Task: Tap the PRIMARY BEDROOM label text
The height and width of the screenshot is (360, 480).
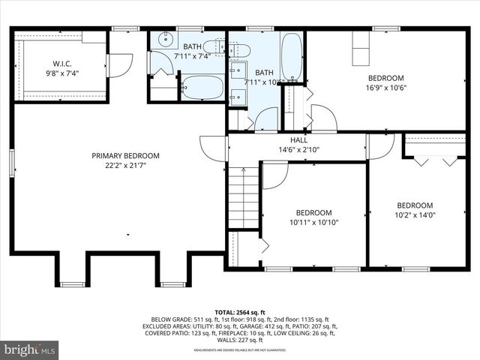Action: click(125, 156)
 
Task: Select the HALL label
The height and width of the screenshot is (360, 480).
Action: click(299, 139)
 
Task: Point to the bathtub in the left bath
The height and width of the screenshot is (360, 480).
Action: click(202, 88)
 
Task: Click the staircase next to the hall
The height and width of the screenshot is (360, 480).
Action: click(243, 197)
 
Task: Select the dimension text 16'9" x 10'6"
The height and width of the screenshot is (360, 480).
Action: click(385, 88)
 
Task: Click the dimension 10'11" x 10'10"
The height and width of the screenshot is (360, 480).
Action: click(314, 223)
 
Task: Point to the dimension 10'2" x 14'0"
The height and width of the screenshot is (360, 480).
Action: click(414, 216)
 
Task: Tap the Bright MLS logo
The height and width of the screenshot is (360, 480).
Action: click(30, 349)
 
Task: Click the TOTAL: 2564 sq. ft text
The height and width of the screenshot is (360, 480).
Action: click(240, 312)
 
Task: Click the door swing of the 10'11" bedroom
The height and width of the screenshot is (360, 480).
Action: click(274, 174)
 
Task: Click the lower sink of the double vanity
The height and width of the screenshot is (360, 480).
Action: click(236, 96)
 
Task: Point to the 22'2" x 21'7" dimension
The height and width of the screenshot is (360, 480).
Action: click(125, 166)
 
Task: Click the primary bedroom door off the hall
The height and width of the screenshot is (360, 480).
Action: click(214, 147)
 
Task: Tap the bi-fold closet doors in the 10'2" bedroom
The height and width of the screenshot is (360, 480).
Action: click(435, 160)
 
